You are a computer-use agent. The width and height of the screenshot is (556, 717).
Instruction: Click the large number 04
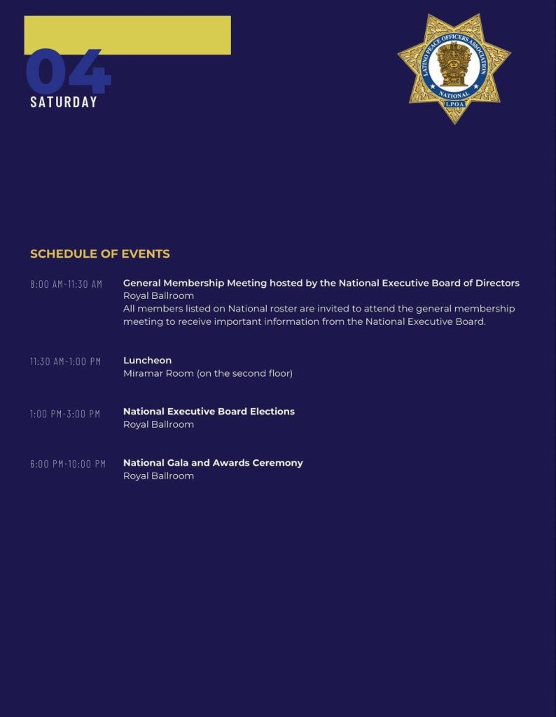(x=68, y=71)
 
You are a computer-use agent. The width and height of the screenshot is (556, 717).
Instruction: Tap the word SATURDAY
(x=64, y=102)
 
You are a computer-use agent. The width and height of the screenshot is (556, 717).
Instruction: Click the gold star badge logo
(x=454, y=68)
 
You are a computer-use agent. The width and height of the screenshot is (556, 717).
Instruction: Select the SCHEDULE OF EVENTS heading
(x=100, y=253)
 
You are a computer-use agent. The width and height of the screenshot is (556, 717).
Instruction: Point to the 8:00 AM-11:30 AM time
(x=66, y=284)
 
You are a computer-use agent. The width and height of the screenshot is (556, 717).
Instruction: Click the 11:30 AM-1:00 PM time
(x=65, y=361)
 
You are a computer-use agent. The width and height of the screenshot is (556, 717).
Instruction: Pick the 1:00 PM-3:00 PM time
(x=65, y=414)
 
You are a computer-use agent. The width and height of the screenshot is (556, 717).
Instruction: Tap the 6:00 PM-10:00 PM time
(x=68, y=464)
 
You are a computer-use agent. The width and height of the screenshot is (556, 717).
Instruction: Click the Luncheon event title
(x=147, y=361)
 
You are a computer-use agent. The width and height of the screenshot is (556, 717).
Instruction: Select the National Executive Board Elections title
(x=209, y=411)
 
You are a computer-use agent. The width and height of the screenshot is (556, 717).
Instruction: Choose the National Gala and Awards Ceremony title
(x=213, y=463)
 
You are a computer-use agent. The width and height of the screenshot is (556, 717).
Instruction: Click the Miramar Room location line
(x=207, y=373)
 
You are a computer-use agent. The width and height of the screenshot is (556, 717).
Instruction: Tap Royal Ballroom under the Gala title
(x=158, y=476)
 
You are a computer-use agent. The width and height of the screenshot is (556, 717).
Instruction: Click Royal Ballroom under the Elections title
(x=158, y=424)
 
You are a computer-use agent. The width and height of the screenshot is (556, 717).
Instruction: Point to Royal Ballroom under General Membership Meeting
(x=158, y=295)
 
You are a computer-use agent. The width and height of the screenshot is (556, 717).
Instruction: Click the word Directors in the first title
(x=495, y=283)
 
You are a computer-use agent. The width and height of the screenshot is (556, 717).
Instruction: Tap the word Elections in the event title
(x=272, y=411)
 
